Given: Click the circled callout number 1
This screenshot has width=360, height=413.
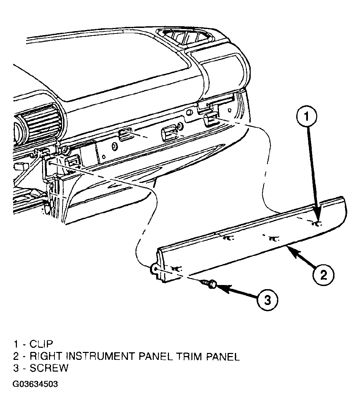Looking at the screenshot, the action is (307, 116).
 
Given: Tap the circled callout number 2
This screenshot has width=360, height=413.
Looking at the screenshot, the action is (323, 275).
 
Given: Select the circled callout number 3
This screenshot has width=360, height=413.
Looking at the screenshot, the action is (267, 300).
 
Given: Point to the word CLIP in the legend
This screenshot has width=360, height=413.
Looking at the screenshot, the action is (41, 344).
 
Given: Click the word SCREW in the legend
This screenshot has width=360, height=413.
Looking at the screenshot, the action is (49, 368).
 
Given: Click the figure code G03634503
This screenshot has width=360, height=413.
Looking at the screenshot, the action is (35, 384).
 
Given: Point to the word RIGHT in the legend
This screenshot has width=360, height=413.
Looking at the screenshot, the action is (46, 356).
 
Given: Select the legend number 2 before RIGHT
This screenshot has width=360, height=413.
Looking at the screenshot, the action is (16, 356).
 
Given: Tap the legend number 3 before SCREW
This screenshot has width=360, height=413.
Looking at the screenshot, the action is (16, 368).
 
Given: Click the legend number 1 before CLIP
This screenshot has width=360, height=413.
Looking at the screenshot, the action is (16, 344).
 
